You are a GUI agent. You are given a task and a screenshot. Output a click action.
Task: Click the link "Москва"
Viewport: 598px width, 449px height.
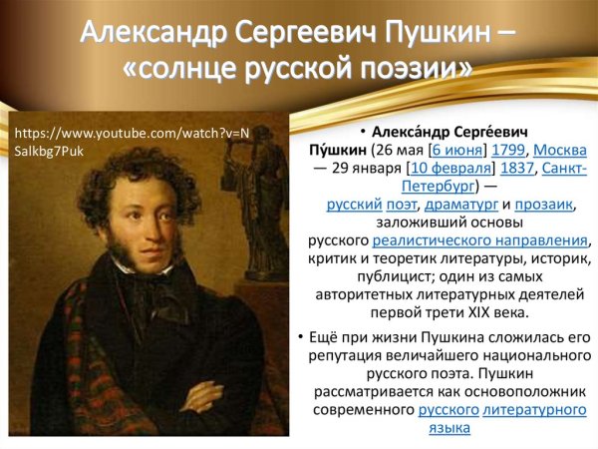pyautogui.click(x=560, y=150)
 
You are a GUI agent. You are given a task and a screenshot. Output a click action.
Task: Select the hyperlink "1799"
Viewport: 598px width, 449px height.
pyautogui.click(x=509, y=150)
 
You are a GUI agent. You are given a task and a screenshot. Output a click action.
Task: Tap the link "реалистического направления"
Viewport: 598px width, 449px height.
pyautogui.click(x=480, y=240)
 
